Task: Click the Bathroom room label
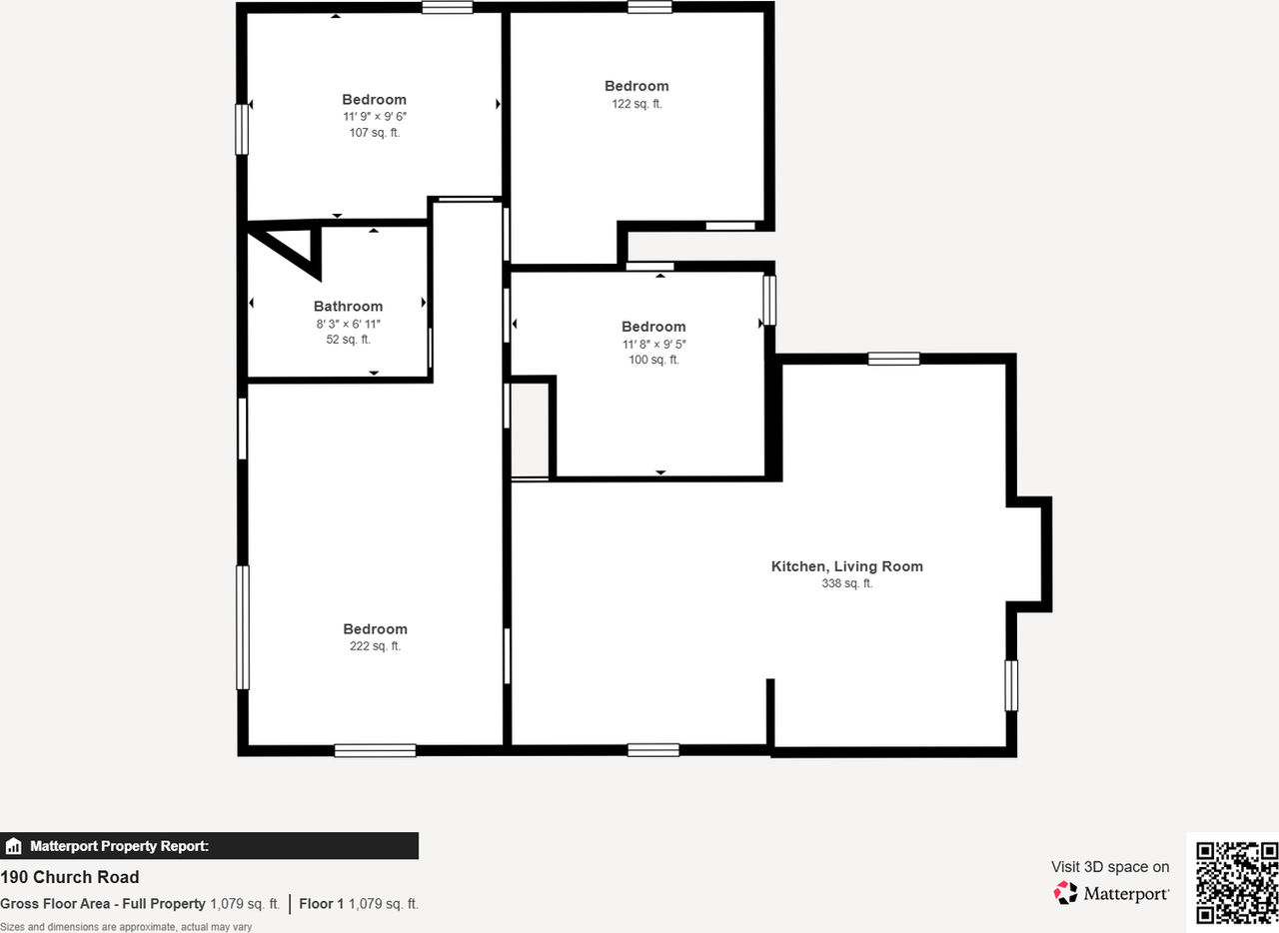tap(348, 307)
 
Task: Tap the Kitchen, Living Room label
tap(846, 566)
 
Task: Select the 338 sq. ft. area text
tap(846, 583)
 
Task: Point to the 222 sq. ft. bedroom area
tap(375, 646)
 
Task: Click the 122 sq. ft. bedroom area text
tap(637, 103)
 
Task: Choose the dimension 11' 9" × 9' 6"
tap(374, 116)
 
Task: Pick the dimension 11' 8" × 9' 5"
tap(653, 344)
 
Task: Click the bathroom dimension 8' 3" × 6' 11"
tap(348, 324)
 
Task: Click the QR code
tap(1237, 882)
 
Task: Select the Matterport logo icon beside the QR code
tap(1065, 893)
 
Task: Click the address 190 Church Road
tap(70, 878)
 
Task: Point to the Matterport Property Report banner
tap(209, 846)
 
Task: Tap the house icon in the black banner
tap(14, 846)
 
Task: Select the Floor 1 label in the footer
tap(321, 904)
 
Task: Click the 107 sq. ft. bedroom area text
tap(374, 133)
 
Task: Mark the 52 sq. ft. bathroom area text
tap(348, 340)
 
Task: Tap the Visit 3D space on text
tap(1109, 867)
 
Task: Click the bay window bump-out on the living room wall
tap(1029, 553)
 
